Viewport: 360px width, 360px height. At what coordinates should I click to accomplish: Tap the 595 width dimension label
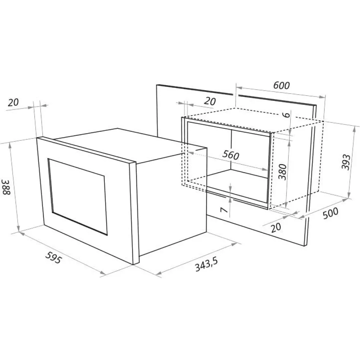point(54,257)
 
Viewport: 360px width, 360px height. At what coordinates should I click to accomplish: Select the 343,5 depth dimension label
point(206,264)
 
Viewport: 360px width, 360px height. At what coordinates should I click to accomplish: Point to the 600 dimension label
point(282,85)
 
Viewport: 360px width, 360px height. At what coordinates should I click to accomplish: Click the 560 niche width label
point(231,155)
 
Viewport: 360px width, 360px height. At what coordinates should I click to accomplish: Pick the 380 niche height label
point(283,172)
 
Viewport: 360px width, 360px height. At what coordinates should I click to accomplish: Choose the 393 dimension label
point(346,162)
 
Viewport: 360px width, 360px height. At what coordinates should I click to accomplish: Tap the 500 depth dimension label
point(330,213)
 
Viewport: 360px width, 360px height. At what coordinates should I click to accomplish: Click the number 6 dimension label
point(287,114)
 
